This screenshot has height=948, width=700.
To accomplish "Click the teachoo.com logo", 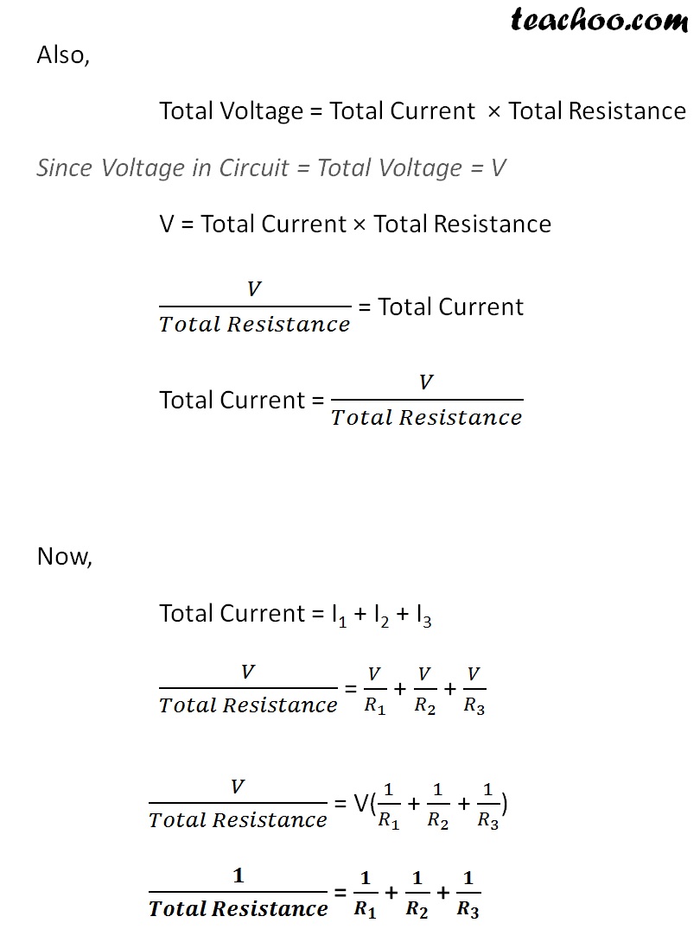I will pos(598,20).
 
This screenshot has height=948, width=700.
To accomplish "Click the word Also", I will pos(62,55).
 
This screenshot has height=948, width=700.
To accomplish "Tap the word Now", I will pos(64,557).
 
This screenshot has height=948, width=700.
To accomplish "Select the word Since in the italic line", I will pos(64,167).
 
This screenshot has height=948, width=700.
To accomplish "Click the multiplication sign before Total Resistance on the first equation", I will pos(493,111).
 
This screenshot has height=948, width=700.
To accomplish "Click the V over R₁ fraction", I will pos(375,689).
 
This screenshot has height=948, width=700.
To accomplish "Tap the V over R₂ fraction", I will pos(424,689).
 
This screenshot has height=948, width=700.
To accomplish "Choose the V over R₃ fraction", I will pos(474,689).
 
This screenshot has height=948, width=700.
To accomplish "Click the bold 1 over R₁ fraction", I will pos(366,893).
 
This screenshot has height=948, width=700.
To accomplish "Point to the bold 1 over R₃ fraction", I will pos(468,893).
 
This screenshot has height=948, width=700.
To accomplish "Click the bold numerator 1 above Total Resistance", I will pos(239,875).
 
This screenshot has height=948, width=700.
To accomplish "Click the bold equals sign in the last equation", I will pos(340,894).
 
